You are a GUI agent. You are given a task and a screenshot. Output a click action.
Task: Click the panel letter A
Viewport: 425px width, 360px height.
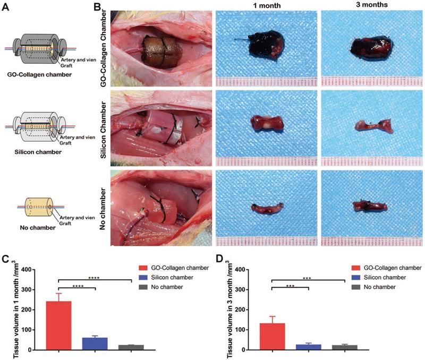click(x=7, y=7)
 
